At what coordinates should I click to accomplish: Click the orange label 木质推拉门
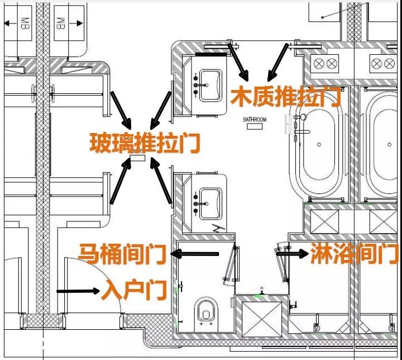(x=286, y=97)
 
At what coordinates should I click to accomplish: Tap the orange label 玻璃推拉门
(x=145, y=143)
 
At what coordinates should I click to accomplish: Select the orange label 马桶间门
(x=122, y=254)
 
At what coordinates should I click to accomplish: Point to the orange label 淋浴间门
(x=355, y=253)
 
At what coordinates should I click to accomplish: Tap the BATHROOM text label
(x=255, y=120)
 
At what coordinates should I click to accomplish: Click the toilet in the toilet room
(x=206, y=314)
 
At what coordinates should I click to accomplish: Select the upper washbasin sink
(x=210, y=86)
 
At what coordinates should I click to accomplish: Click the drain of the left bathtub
(x=319, y=145)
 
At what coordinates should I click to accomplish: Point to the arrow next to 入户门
(x=78, y=291)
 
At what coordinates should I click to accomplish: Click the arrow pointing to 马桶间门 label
(x=195, y=254)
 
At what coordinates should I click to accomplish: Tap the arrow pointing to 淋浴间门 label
(x=293, y=253)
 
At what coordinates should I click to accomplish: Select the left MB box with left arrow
(x=18, y=23)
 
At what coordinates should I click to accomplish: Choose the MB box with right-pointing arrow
(x=69, y=23)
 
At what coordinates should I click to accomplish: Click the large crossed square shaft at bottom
(x=261, y=319)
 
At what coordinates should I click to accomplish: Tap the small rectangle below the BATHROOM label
(x=255, y=126)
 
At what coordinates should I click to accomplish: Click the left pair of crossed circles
(x=325, y=63)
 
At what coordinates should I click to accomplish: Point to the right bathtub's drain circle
(x=389, y=145)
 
